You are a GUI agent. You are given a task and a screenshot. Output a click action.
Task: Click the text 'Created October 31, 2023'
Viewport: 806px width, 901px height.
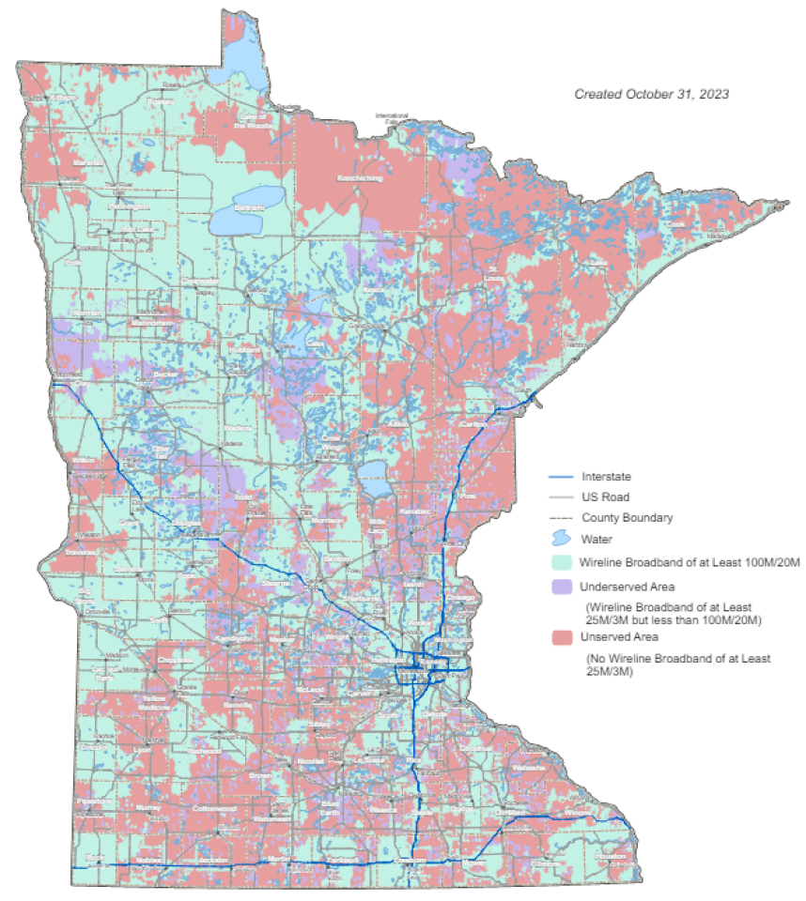coord(652,95)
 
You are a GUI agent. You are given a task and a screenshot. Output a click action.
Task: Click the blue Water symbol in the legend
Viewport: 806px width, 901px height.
coord(561,539)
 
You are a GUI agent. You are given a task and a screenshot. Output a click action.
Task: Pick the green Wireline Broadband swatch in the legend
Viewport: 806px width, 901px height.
coord(561,561)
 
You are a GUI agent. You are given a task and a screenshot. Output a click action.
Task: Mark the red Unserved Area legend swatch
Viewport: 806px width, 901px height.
coord(561,637)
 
